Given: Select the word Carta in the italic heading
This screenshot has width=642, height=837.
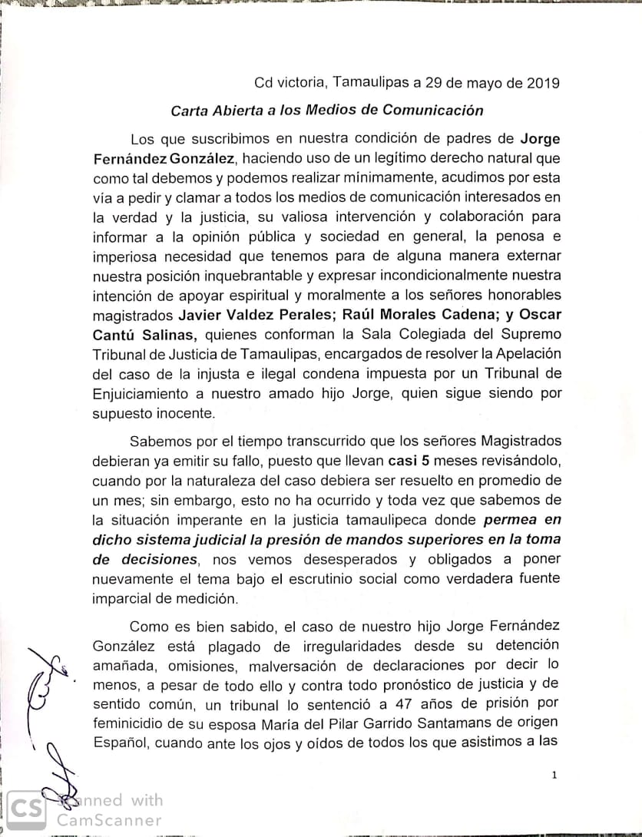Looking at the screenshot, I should [190, 110].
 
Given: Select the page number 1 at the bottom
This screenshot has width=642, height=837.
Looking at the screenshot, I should [554, 776].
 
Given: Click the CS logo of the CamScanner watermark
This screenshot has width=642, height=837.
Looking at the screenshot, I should [28, 810].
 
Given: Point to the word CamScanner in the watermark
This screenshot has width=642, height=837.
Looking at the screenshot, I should [110, 820].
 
